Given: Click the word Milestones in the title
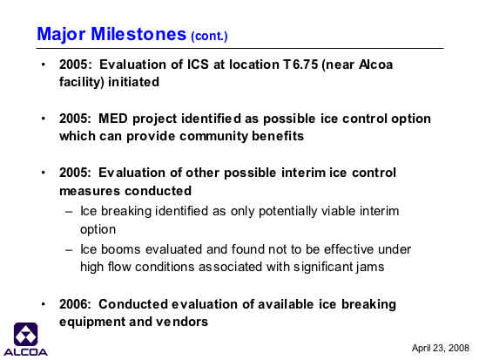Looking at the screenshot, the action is (x=138, y=34).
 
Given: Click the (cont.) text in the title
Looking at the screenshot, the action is (x=209, y=36).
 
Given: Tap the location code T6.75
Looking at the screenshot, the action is (x=300, y=65).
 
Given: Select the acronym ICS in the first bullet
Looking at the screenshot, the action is (x=198, y=65).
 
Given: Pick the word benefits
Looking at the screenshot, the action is (x=278, y=136).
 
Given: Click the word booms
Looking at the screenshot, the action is (x=121, y=249).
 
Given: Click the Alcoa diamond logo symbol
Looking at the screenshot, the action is (x=25, y=335).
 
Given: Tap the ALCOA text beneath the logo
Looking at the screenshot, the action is (x=25, y=352).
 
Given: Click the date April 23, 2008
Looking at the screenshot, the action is (x=440, y=348).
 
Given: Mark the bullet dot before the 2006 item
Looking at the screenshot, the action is (x=44, y=304).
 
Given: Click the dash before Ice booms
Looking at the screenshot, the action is (x=69, y=250).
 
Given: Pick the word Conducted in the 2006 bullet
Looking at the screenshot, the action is (x=133, y=304).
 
